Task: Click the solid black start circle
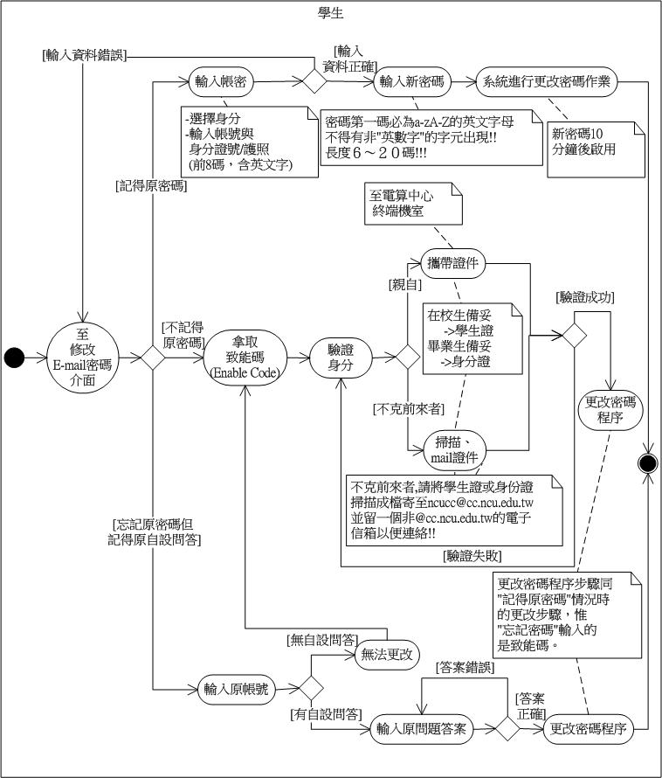[x=14, y=356]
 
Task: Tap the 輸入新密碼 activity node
[x=411, y=83]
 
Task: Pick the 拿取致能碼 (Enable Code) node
[x=245, y=357]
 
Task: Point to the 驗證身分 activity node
[x=340, y=357]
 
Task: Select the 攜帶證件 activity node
[x=452, y=264]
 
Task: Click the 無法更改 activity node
[x=386, y=654]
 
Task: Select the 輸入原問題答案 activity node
[x=423, y=727]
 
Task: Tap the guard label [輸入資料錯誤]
[x=84, y=54]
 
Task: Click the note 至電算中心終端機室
[x=414, y=204]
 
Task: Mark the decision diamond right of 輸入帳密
[x=314, y=82]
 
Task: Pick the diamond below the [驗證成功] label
[x=574, y=333]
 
